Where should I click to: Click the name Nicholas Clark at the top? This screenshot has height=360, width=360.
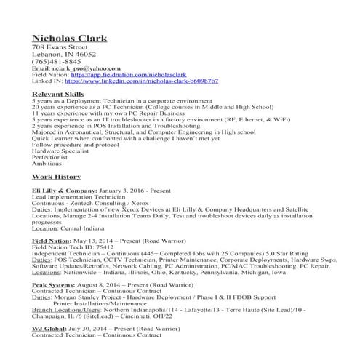[x=69, y=38]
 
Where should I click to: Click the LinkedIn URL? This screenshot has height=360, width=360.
[x=139, y=83]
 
